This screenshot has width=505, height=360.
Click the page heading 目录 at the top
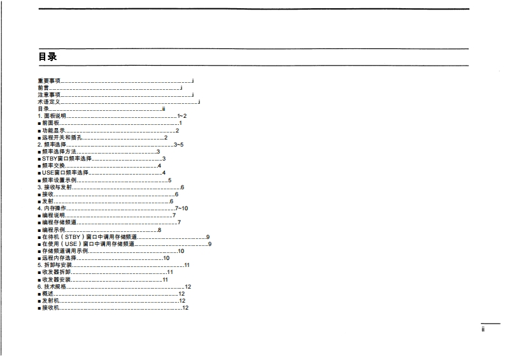[48, 57]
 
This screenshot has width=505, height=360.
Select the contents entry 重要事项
[49, 81]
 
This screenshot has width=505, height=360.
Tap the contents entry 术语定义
[49, 102]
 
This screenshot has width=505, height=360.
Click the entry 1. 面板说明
[52, 116]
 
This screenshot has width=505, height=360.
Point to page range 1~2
[181, 116]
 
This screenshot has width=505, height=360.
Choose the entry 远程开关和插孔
[62, 138]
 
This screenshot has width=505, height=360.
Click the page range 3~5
[178, 145]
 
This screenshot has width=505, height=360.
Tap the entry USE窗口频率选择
[65, 173]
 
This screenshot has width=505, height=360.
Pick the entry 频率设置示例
[59, 180]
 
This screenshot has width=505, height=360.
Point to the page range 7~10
[181, 208]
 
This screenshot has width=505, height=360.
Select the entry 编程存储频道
[59, 222]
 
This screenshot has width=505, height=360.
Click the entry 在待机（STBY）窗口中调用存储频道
[89, 237]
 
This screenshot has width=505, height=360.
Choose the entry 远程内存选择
[59, 258]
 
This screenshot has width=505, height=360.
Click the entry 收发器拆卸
[56, 272]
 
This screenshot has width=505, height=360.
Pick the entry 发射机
[50, 301]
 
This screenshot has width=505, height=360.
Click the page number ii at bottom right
[483, 329]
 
